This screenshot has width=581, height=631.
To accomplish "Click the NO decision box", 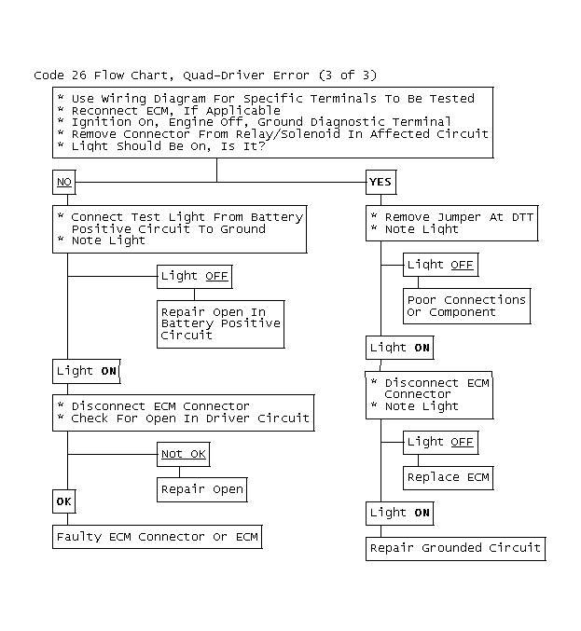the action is click(64, 183).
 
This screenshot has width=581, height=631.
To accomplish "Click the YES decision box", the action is click(380, 183).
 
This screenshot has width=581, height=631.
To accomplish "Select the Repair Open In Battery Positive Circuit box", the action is click(221, 324).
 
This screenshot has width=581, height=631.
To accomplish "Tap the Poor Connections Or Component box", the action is click(466, 306).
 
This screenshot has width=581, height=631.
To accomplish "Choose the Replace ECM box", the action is click(449, 477).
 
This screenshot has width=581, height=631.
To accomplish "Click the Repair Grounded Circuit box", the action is click(455, 548).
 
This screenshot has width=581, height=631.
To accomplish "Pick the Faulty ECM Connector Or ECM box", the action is click(158, 537).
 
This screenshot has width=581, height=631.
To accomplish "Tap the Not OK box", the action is click(183, 454).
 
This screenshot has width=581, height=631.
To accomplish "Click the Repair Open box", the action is click(202, 489).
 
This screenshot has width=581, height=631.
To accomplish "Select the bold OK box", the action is click(64, 501).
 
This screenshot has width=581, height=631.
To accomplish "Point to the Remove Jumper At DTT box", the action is click(451, 224).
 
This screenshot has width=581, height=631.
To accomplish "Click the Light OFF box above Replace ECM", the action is click(441, 443).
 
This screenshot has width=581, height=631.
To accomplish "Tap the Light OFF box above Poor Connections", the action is click(441, 265).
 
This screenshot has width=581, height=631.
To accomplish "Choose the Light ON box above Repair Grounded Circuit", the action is click(400, 513).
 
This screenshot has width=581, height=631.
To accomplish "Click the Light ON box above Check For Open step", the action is click(87, 371).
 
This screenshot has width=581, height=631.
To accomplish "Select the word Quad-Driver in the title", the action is click(224, 75).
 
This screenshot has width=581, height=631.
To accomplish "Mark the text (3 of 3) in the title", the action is click(348, 75).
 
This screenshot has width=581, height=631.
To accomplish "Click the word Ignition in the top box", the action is click(101, 123).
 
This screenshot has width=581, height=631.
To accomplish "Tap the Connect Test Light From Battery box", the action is click(180, 229).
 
